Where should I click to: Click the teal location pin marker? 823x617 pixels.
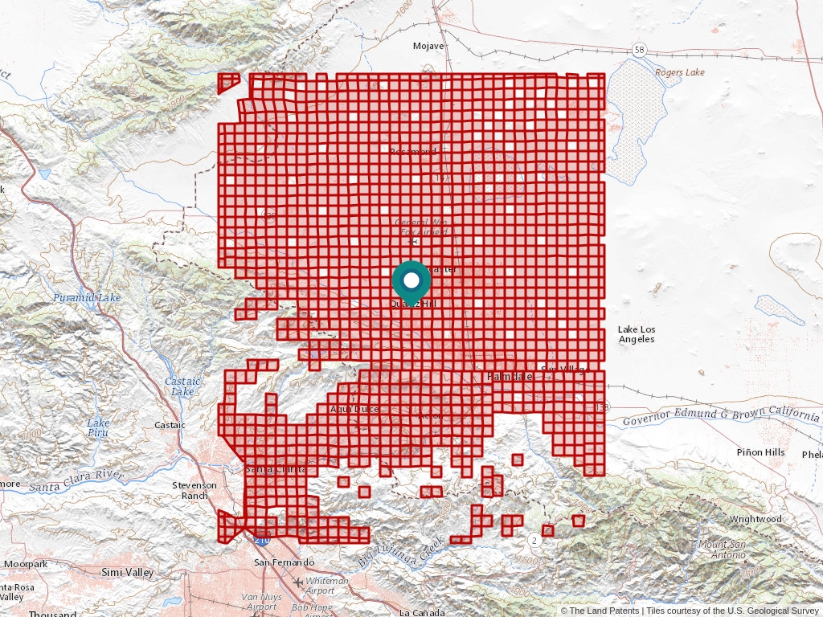pyautogui.click(x=411, y=281)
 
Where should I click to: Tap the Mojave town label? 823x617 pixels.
pyautogui.click(x=428, y=46)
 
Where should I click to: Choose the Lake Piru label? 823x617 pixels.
pyautogui.click(x=98, y=428)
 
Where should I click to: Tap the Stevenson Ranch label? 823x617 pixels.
pyautogui.click(x=194, y=490)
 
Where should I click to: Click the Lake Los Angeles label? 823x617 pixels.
pyautogui.click(x=637, y=334)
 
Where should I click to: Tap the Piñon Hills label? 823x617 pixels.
pyautogui.click(x=760, y=452)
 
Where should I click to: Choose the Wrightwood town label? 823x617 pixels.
pyautogui.click(x=755, y=519)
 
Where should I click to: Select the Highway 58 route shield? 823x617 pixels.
pyautogui.click(x=638, y=50)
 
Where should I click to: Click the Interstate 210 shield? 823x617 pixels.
pyautogui.click(x=264, y=532)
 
